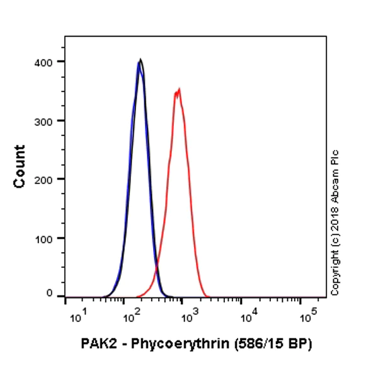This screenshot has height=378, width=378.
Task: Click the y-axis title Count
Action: click(20, 166)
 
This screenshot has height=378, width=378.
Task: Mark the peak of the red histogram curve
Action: click(179, 89)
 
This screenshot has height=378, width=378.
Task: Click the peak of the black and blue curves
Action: click(140, 60)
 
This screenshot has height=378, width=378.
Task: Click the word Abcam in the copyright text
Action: click(335, 190)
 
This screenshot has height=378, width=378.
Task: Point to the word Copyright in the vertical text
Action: click(335, 272)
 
